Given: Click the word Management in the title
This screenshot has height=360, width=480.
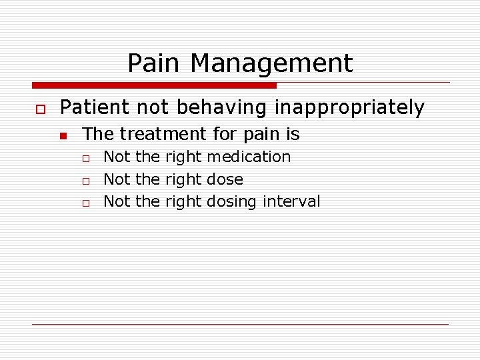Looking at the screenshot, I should coord(271,63).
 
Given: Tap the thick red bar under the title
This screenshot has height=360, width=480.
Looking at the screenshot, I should coord(154,85).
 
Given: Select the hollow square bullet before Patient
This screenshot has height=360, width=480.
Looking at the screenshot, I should coord(39,109).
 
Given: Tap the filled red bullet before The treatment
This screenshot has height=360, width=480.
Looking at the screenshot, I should coord(63,136).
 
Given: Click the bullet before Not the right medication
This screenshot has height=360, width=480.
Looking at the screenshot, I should coord(85,159).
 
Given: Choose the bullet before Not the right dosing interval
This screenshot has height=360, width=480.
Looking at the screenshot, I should coord(85,203).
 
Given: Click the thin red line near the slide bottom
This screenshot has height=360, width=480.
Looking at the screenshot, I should coord(240,324).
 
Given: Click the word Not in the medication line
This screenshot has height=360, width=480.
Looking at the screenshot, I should coord(117,157).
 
